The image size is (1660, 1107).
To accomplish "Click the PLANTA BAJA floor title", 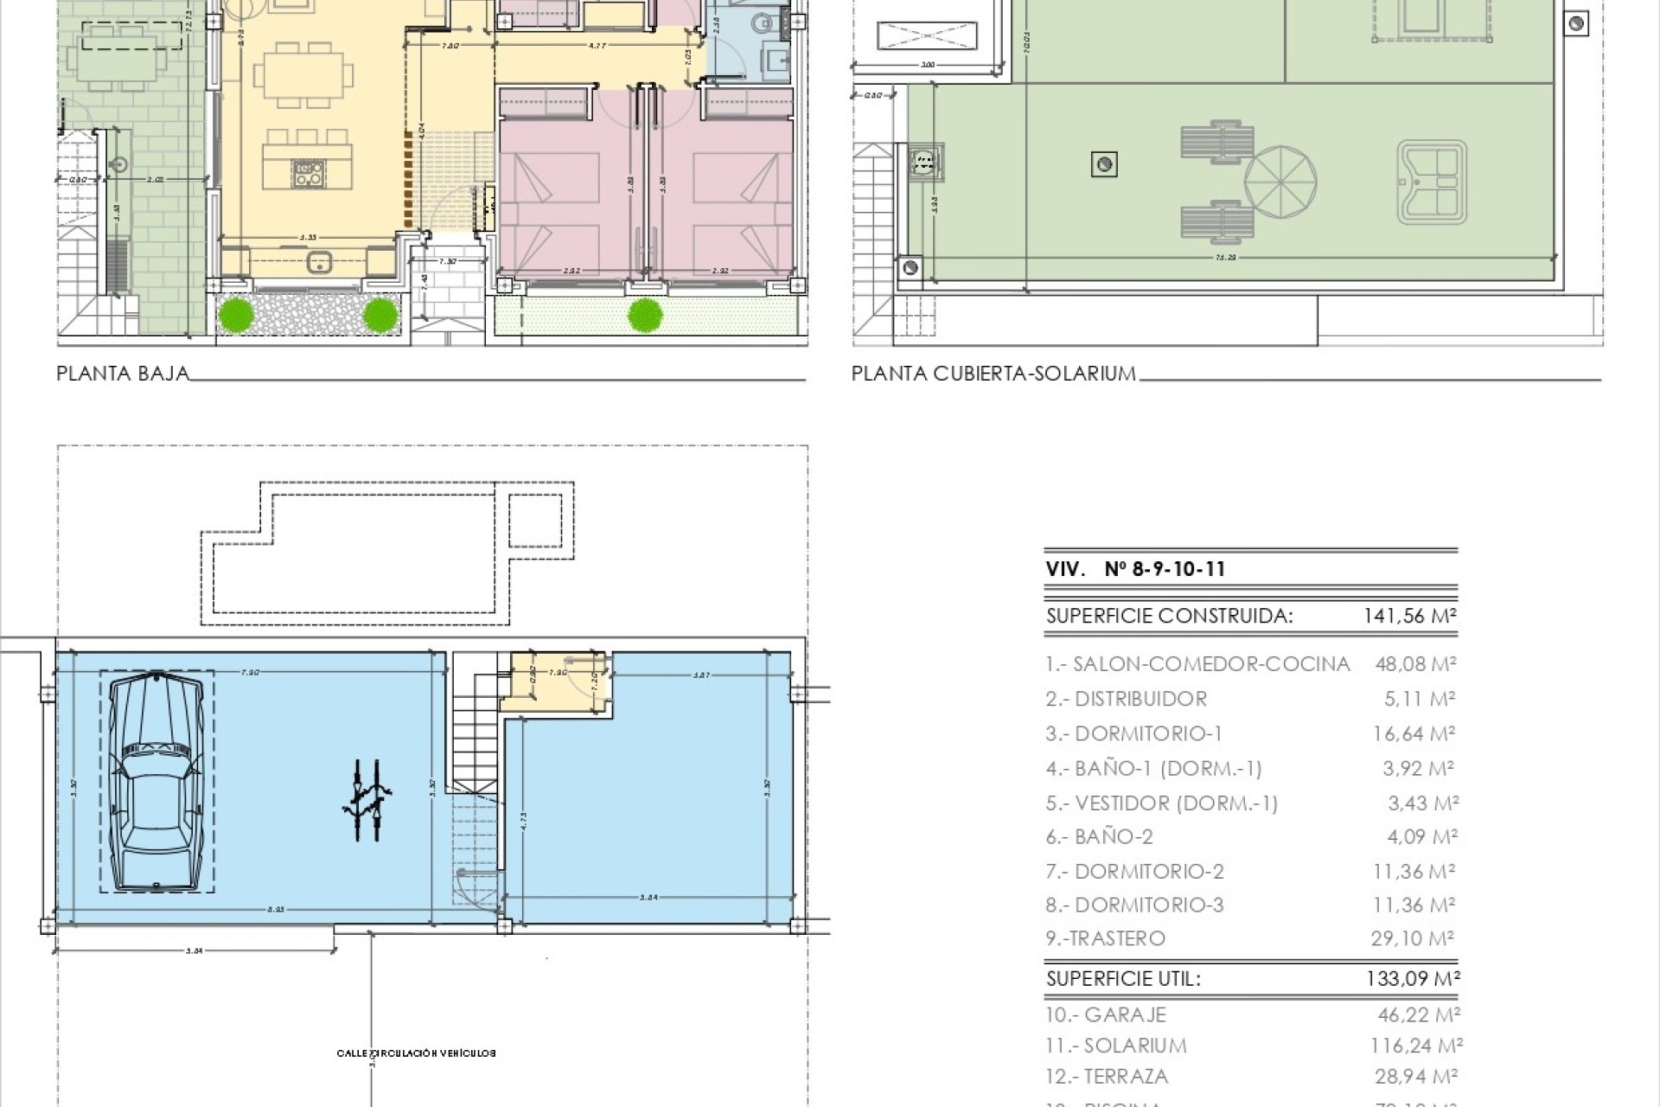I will [x=123, y=374].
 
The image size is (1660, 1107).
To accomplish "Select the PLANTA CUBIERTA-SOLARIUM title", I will [x=993, y=374].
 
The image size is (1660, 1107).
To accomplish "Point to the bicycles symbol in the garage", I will [x=368, y=800].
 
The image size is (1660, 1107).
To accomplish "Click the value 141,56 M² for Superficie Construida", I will [x=1410, y=616].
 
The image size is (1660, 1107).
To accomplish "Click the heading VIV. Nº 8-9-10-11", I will [x=1135, y=569].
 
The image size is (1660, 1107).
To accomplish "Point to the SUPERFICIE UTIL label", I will [x=1123, y=979].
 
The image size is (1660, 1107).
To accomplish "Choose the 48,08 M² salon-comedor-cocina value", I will [x=1415, y=664].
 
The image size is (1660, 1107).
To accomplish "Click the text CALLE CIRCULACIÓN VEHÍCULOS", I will [x=416, y=1053].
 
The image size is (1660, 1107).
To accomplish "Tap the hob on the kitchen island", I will [x=308, y=172].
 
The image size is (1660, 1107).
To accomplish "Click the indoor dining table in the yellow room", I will [x=303, y=76].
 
